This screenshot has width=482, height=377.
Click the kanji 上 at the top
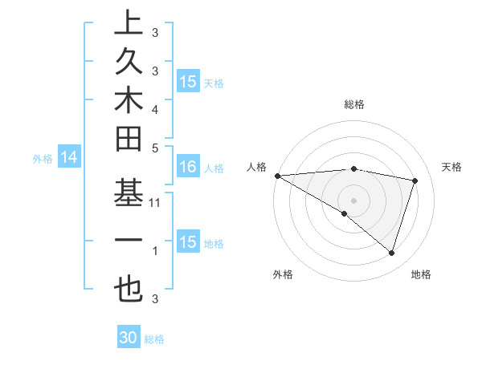coord(129,24)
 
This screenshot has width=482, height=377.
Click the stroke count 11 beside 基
coord(155,204)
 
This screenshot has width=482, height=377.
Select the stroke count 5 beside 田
coord(155,148)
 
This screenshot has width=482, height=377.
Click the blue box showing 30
coord(129,338)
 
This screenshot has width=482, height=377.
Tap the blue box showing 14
coord(69,158)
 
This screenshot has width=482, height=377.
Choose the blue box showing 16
coord(188,167)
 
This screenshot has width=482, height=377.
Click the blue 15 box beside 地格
coord(188,242)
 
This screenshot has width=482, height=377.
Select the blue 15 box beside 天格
coord(188,82)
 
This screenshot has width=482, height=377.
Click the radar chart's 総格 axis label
coord(354,104)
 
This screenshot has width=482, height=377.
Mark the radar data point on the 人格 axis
coord(277,176)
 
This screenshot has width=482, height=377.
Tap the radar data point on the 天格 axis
coord(415,180)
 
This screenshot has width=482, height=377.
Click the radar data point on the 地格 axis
coord(391,253)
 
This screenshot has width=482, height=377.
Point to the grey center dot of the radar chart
coord(353,200)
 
